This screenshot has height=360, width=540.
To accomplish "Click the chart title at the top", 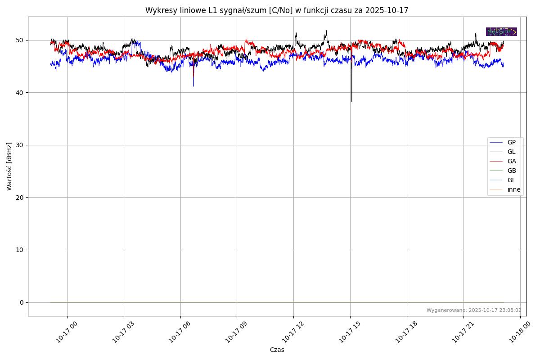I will click(277, 10).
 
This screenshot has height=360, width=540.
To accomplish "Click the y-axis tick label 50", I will click(20, 40).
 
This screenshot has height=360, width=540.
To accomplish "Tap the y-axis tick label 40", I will click(20, 93).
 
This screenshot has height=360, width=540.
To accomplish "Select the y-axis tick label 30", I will click(20, 145).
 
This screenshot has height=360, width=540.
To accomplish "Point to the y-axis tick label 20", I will click(20, 198).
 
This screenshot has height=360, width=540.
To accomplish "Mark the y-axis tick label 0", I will click(21, 302).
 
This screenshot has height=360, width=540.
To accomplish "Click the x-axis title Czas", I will click(277, 350).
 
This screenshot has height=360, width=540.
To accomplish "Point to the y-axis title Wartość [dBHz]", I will click(9, 166).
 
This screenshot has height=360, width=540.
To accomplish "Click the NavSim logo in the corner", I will click(501, 31).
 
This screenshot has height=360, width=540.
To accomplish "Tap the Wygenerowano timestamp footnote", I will click(474, 310).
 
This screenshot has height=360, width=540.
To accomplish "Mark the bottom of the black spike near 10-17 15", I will click(351, 101).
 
